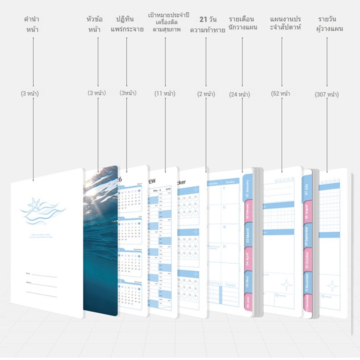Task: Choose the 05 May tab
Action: point(248,282)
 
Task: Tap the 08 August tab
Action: point(307,211)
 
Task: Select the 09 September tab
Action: point(307,235)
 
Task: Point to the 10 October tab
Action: point(307,259)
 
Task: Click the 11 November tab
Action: point(307,283)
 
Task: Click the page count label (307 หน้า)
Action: point(327,94)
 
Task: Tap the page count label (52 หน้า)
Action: point(281,94)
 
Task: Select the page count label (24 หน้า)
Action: point(239,94)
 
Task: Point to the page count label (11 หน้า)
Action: point(165,94)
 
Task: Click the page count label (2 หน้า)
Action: point(206,94)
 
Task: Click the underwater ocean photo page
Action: point(101,238)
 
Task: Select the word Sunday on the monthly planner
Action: point(229,182)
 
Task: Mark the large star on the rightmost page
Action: point(333,286)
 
